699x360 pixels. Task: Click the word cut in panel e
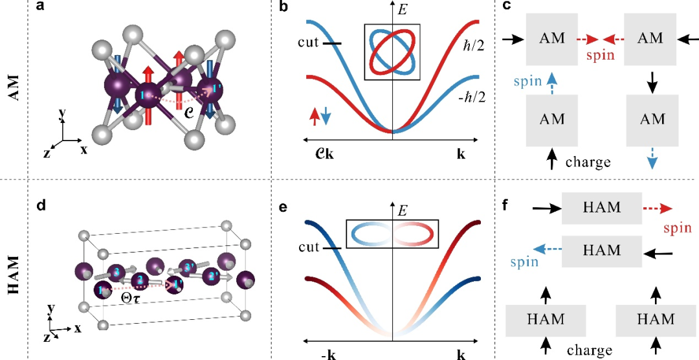tap(310, 247)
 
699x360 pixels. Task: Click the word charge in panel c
tap(588, 161)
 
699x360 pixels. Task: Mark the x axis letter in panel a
tap(83, 150)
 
